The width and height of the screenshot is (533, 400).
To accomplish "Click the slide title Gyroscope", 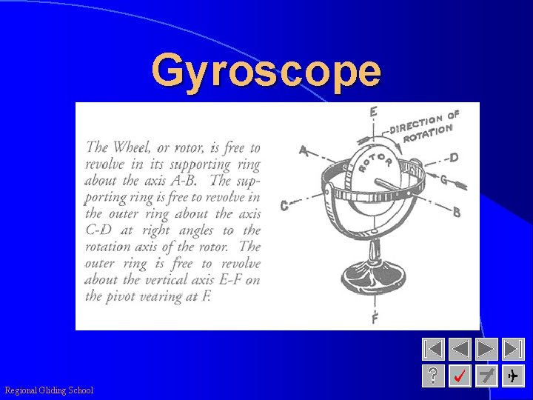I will click(x=266, y=72).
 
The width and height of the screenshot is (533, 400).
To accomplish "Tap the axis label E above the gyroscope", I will click(x=374, y=112).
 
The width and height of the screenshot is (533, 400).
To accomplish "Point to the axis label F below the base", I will click(x=375, y=319).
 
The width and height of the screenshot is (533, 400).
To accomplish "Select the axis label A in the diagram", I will click(x=303, y=150).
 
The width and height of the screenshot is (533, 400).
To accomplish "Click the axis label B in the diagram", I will click(x=457, y=212).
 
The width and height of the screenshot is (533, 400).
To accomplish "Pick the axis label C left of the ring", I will click(x=284, y=206).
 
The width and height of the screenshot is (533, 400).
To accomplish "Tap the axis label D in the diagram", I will click(x=454, y=158).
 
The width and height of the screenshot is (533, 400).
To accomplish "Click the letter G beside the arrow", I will click(x=443, y=179).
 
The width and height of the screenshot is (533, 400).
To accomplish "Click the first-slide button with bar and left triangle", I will click(x=434, y=350).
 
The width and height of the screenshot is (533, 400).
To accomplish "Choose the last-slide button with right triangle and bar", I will click(x=513, y=350).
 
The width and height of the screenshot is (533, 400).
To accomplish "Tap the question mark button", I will click(x=434, y=376).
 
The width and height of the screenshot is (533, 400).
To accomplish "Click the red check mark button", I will click(x=460, y=376).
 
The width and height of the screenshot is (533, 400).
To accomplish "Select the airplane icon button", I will click(x=513, y=376).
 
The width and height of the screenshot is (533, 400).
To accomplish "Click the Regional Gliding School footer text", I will click(x=49, y=390).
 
